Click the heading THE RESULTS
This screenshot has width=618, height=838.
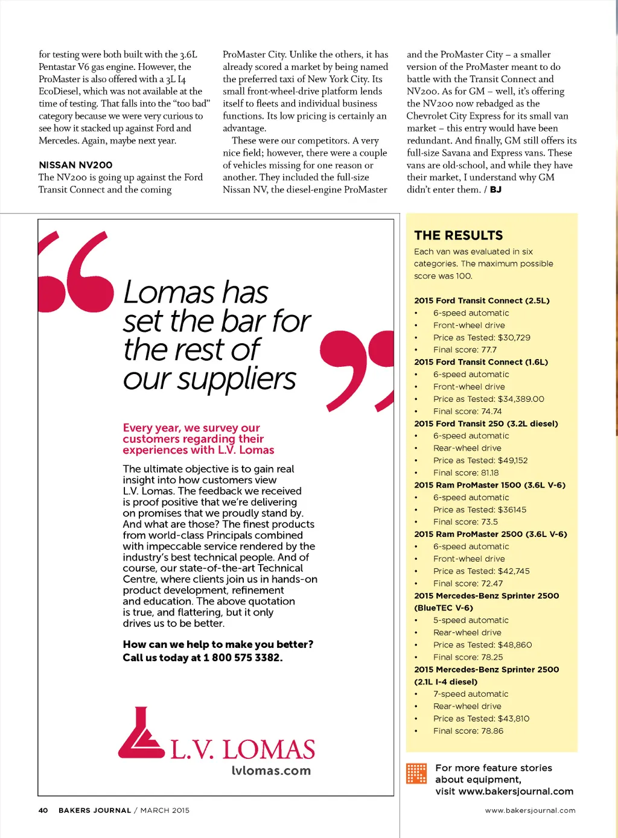coord(458,235)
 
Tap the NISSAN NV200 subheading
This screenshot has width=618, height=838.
coord(75,165)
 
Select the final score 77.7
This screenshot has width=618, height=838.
coord(488,349)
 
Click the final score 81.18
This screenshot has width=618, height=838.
coord(489,473)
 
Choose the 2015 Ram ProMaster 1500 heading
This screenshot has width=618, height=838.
coord(489,485)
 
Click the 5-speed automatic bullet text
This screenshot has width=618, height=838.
coord(471,620)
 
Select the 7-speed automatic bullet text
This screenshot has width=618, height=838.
coord(471,694)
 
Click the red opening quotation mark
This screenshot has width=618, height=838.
coord(76,272)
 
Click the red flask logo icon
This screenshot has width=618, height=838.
coord(141,734)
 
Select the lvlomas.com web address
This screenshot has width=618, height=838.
coord(271,770)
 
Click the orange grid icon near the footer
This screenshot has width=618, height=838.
coord(416,773)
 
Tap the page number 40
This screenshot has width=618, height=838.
coord(43,810)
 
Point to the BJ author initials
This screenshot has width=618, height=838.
coord(495,189)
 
